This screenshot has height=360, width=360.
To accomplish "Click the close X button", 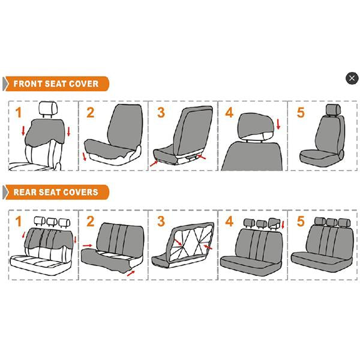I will coord(352,78).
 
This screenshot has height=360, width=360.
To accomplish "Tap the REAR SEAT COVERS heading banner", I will coord(55,193).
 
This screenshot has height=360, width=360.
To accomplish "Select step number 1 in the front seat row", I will coord(19,112).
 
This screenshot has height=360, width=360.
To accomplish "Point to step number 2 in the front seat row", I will coord(90,112).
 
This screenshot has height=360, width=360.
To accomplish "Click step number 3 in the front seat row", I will coord(161,112).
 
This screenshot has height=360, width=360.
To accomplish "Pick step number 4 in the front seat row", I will coord(229,112).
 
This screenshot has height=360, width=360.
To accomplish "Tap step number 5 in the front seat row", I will coord(300,112).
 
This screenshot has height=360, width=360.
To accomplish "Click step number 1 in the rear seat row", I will coord(19,221).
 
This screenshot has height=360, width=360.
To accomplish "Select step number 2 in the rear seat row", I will coord(90,221).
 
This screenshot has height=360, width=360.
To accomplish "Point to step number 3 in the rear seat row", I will coord(161,221).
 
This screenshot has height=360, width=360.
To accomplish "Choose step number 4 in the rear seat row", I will coord(229,221).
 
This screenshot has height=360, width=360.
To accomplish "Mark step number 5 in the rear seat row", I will coord(300,221).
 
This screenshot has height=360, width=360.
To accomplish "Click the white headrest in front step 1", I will coord(46,109).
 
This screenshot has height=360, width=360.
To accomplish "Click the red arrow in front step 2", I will coord(85,158).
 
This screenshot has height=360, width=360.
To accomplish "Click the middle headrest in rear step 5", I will coord(332,223).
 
